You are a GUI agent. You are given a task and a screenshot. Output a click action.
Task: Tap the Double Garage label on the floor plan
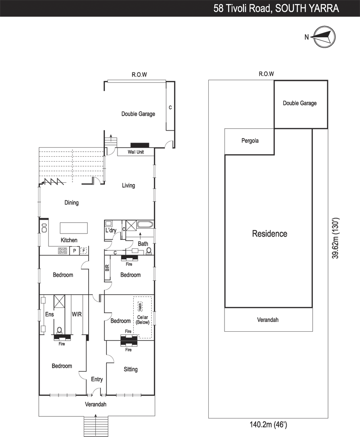click(x=138, y=114)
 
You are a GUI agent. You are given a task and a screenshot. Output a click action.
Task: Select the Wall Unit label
click(x=136, y=152)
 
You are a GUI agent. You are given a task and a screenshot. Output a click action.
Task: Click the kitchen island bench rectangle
click(x=73, y=228)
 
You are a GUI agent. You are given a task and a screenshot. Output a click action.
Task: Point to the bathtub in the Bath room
click(x=145, y=225)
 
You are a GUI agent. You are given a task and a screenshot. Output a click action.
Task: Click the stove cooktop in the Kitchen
click(x=63, y=251)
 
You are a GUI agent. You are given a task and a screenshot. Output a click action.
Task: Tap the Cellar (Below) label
click(x=142, y=320)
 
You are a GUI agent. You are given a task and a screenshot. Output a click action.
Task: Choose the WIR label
click(x=76, y=314)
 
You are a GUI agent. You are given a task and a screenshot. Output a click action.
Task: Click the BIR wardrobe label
click(x=107, y=268)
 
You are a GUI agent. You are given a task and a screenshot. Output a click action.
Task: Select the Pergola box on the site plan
click(x=249, y=142)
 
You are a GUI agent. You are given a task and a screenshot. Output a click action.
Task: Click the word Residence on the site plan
click(x=270, y=234)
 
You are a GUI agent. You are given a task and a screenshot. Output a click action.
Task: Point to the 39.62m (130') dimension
click(x=335, y=238)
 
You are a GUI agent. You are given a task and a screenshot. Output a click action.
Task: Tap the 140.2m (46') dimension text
click(x=268, y=424)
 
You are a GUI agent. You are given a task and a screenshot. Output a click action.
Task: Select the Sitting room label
click(x=130, y=369)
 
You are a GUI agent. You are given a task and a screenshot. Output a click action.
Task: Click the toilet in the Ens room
click(x=59, y=331)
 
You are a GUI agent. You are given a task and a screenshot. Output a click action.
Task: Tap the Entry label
click(x=97, y=379)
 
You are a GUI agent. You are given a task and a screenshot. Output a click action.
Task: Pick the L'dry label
click(x=111, y=230)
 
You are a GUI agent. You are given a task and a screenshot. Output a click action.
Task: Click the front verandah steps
click(x=95, y=425)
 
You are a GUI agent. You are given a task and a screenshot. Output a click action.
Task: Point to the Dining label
click(x=72, y=203)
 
